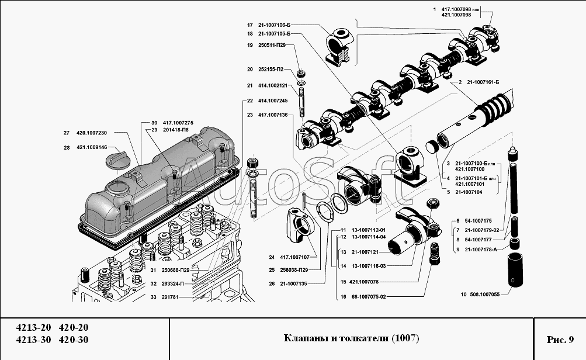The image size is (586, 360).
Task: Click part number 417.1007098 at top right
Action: click(x=456, y=9)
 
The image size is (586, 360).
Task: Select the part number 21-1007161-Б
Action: click(x=483, y=82)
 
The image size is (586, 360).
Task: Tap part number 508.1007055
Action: click(x=485, y=294)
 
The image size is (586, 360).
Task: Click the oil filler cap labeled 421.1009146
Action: click(x=116, y=160)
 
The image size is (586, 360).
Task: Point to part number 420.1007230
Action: click(x=92, y=133)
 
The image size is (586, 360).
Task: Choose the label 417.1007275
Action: click(x=178, y=123)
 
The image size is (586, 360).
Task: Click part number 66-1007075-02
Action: click(x=369, y=297)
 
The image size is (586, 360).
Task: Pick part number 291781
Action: click(x=169, y=297)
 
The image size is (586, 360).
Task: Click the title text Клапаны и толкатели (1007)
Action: click(x=351, y=338)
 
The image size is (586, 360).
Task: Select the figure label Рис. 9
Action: click(x=560, y=340)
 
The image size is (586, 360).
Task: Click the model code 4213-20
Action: click(x=33, y=327)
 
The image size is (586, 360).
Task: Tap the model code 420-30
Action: click(x=74, y=340)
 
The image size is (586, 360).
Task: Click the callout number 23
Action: click(x=250, y=115)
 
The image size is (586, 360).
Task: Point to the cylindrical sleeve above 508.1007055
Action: click(x=515, y=269)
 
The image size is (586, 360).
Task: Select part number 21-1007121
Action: click(x=365, y=252)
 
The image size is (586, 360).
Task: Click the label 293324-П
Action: click(x=172, y=284)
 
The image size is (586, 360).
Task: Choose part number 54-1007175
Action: click(x=478, y=221)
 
